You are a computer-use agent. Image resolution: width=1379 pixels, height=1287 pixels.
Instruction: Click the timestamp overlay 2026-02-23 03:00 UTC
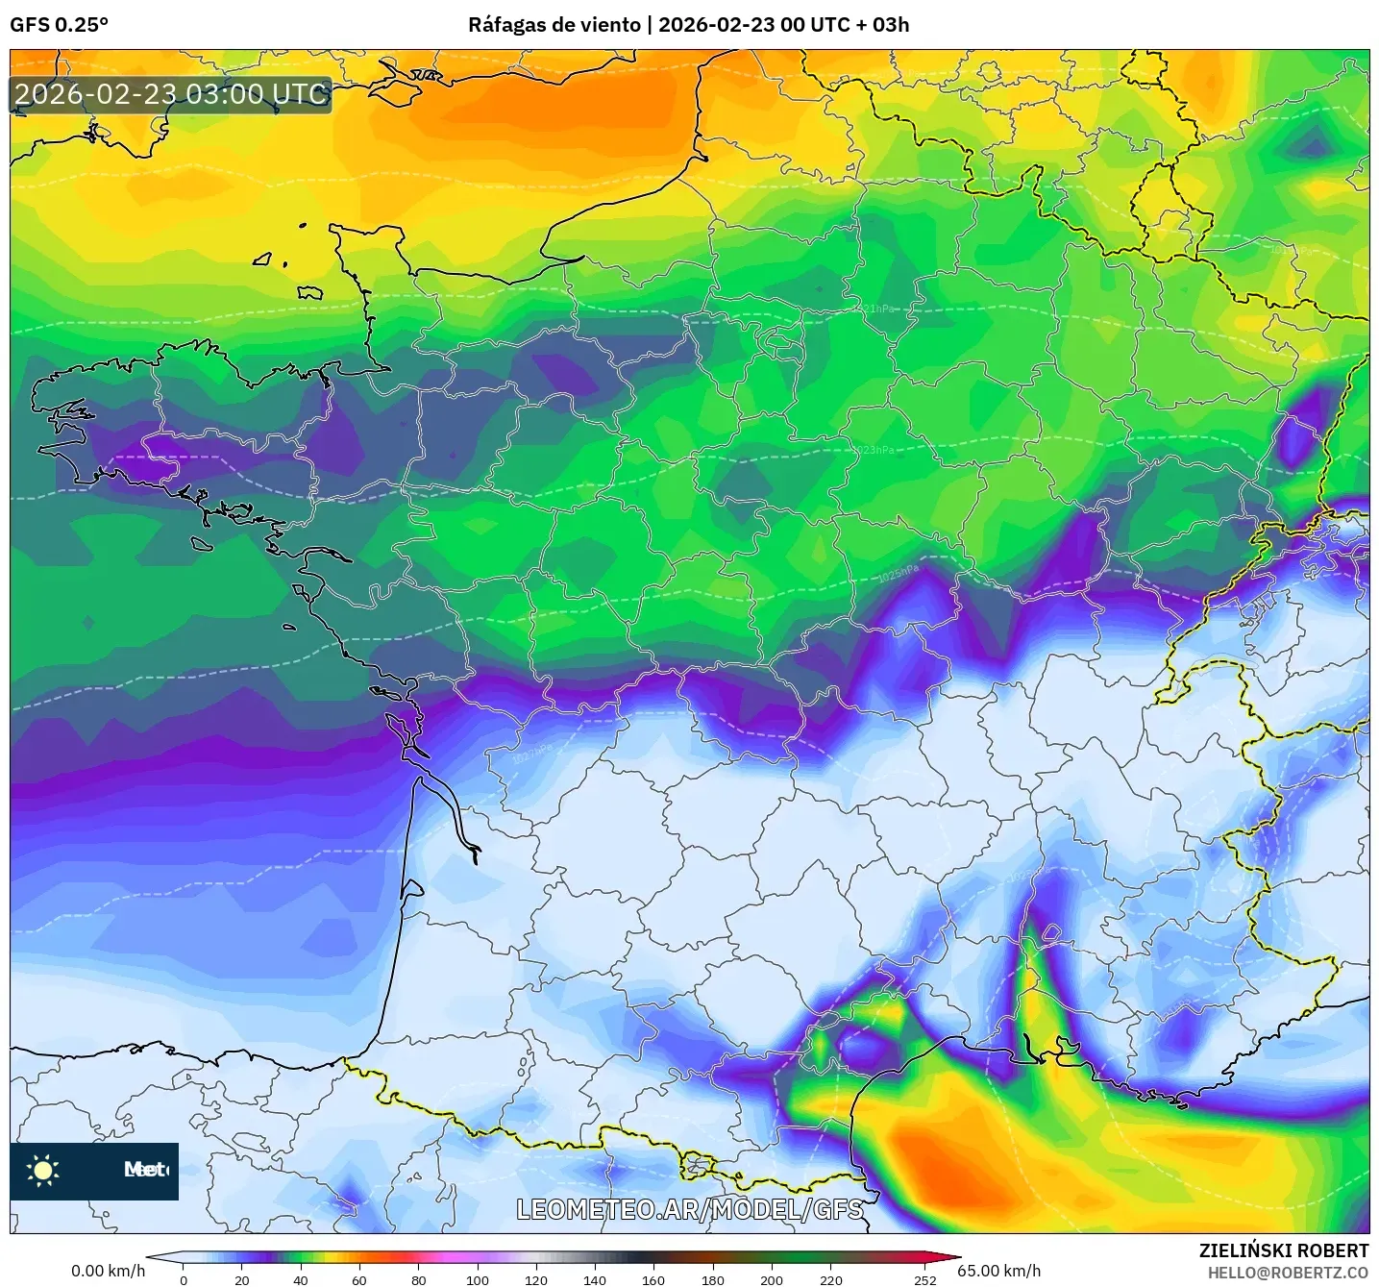click(x=171, y=94)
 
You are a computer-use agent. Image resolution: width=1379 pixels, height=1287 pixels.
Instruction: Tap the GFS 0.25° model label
click(x=59, y=25)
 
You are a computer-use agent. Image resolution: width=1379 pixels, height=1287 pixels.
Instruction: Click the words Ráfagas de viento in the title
click(x=554, y=25)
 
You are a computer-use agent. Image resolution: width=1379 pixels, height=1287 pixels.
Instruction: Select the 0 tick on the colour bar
click(x=184, y=1279)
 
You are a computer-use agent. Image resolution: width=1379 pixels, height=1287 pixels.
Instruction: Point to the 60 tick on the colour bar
click(x=359, y=1279)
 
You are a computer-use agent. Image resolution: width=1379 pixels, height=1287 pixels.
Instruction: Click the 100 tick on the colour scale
click(x=478, y=1279)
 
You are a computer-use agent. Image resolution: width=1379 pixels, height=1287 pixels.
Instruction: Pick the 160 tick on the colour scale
click(x=653, y=1279)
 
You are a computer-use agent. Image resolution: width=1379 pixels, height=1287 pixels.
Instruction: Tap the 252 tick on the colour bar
click(x=924, y=1279)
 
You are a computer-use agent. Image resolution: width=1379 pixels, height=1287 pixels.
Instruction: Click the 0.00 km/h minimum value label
click(x=108, y=1271)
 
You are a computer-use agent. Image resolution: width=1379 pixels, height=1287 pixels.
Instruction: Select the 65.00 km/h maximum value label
click(x=998, y=1271)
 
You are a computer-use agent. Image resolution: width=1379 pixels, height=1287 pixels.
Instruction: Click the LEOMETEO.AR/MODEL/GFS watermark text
click(x=689, y=1209)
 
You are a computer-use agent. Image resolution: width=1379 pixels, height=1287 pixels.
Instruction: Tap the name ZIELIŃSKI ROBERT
click(x=1283, y=1250)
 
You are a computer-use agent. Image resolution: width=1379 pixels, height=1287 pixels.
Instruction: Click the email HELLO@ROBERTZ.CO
click(x=1288, y=1273)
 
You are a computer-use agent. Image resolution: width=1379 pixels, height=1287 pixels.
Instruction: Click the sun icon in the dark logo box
click(x=43, y=1170)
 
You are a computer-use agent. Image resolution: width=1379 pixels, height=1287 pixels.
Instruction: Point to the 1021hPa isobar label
click(x=875, y=309)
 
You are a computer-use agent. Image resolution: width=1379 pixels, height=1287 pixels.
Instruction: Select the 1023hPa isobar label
click(x=874, y=450)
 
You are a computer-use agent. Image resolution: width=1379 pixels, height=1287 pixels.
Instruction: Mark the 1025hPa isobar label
click(x=898, y=575)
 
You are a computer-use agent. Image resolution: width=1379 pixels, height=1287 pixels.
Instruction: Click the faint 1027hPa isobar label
click(x=531, y=753)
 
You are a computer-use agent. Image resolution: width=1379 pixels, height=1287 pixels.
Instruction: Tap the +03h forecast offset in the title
click(x=890, y=25)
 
